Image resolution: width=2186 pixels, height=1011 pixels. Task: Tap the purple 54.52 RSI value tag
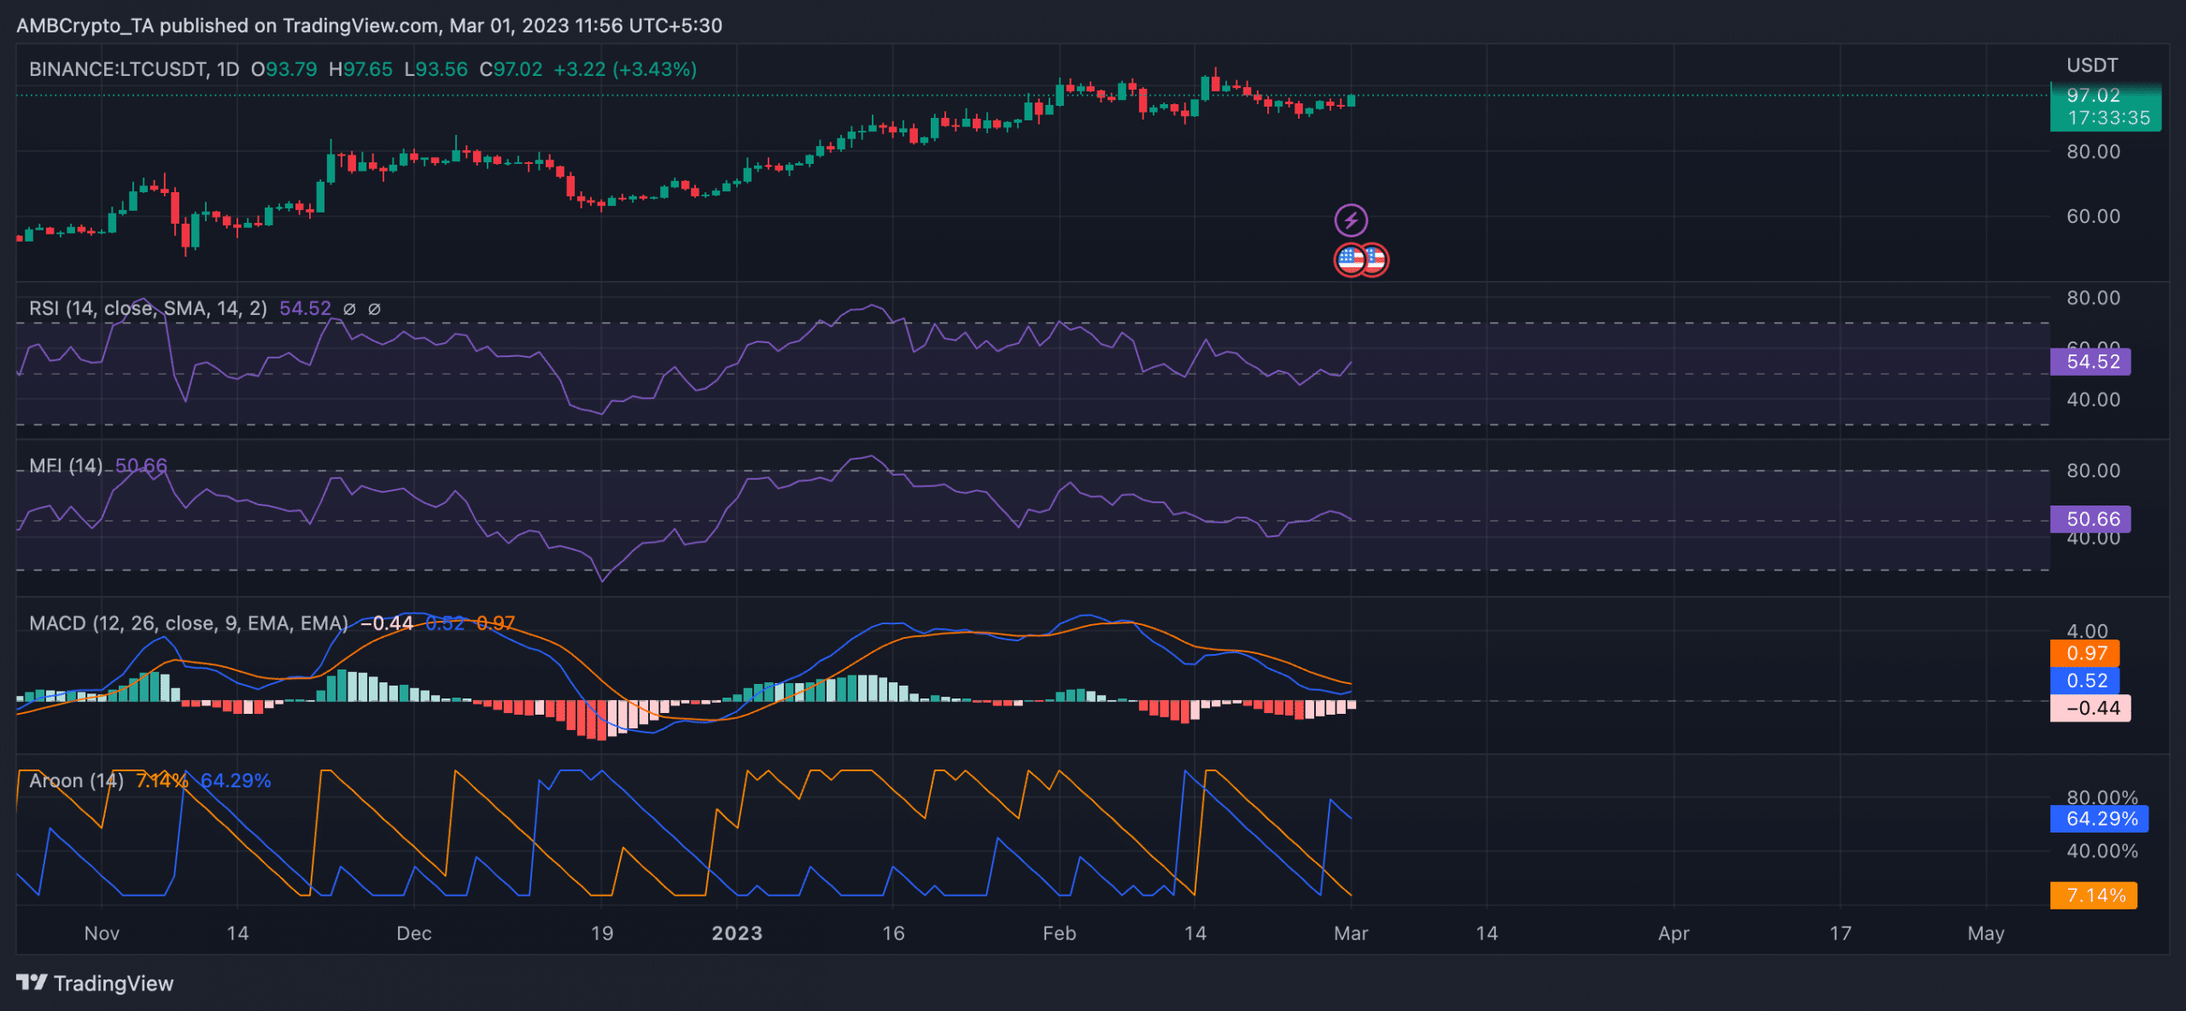pyautogui.click(x=2090, y=361)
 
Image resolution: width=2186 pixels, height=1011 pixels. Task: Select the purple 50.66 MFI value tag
pyautogui.click(x=2090, y=518)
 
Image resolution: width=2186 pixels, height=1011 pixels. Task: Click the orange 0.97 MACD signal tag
pyautogui.click(x=2084, y=653)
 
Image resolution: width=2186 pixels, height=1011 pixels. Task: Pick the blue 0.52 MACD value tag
pyautogui.click(x=2084, y=681)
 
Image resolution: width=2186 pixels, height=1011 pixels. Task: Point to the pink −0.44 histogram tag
pyautogui.click(x=2090, y=708)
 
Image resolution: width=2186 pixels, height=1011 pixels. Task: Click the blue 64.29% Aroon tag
pyautogui.click(x=2099, y=819)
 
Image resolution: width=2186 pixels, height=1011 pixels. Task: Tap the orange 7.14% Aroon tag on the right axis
pyautogui.click(x=2093, y=895)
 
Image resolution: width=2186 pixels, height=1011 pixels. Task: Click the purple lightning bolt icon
pyautogui.click(x=1351, y=220)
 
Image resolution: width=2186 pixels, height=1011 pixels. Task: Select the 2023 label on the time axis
pyautogui.click(x=737, y=933)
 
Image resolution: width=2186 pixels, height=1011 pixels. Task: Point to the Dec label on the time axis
pyautogui.click(x=413, y=933)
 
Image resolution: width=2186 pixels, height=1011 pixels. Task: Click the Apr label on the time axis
pyautogui.click(x=1673, y=933)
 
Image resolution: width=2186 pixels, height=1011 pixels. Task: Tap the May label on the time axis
pyautogui.click(x=1985, y=933)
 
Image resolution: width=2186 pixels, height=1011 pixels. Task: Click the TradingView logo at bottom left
pyautogui.click(x=95, y=983)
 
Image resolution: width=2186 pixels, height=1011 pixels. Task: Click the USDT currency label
pyautogui.click(x=2091, y=66)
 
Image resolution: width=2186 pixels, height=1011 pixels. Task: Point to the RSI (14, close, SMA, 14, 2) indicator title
pyautogui.click(x=148, y=308)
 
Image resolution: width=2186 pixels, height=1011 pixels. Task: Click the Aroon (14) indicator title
pyautogui.click(x=76, y=780)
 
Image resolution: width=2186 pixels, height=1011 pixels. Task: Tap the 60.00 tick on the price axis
pyautogui.click(x=2092, y=216)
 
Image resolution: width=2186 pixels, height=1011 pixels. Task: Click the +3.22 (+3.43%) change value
pyautogui.click(x=625, y=69)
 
